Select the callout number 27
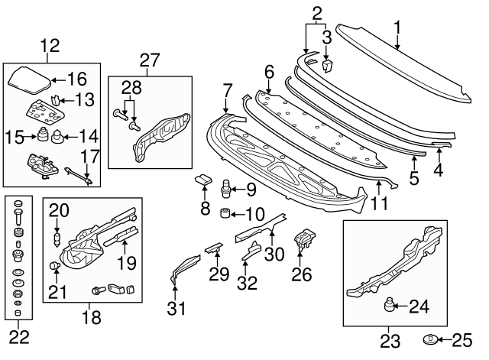(150, 60)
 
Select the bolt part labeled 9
(227, 187)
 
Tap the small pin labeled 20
(57, 238)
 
